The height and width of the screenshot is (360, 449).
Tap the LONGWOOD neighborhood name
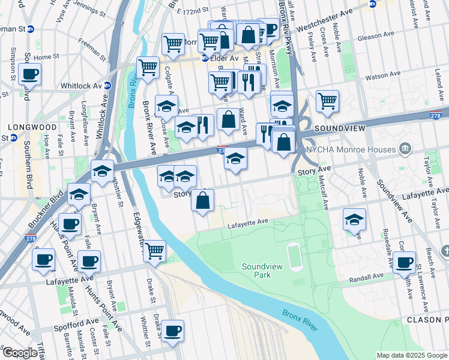(x=23, y=127)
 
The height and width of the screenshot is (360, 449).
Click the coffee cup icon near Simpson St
(x=29, y=74)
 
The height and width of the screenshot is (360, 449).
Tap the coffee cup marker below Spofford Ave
(x=172, y=331)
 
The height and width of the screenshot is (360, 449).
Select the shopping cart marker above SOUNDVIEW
(x=327, y=101)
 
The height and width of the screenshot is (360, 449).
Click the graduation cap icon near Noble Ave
(x=355, y=220)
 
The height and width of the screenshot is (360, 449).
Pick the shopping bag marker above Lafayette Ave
(x=203, y=200)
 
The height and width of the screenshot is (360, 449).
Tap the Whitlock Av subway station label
(x=83, y=86)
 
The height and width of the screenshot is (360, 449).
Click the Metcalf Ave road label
(x=325, y=197)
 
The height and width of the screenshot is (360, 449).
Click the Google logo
(x=20, y=353)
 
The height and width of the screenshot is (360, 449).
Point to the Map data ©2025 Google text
(x=411, y=355)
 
